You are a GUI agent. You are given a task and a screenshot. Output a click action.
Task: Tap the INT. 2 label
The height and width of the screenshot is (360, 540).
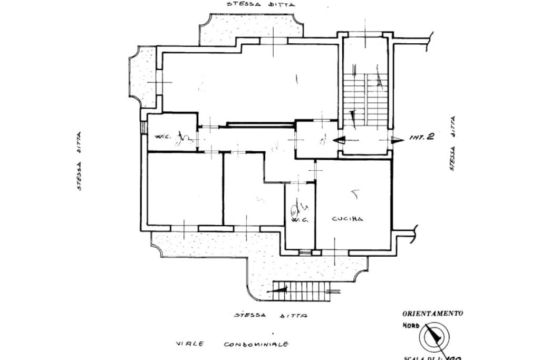coord(422,138)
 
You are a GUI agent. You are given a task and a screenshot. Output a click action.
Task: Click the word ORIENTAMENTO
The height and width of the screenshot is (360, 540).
coord(433,313)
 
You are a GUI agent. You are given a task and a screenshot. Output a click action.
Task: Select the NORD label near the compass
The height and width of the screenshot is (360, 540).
coord(411,326)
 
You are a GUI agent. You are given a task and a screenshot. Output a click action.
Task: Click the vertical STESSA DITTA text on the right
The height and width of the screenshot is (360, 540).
coord(453,143)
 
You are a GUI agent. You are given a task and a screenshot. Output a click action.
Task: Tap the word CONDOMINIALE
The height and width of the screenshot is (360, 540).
coord(256,344)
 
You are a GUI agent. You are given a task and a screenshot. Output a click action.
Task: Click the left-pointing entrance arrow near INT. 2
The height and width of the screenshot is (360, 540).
coord(341,140)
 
